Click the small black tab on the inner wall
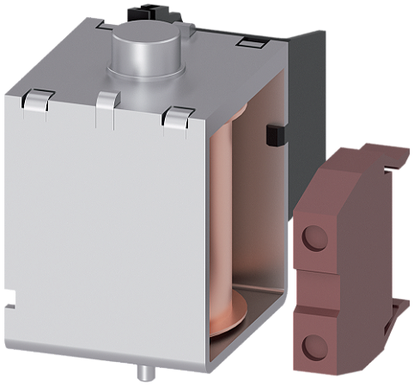coord(275,134)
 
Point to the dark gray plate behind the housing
coord(305,95)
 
